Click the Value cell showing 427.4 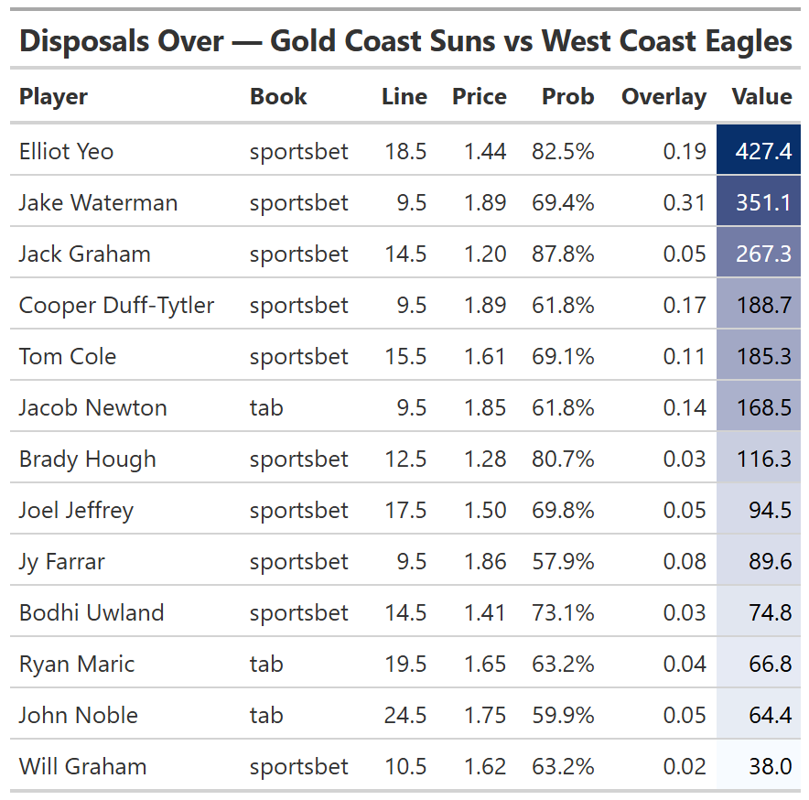tap(763, 152)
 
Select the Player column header tap(53, 97)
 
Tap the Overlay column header tap(663, 97)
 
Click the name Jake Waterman tap(98, 203)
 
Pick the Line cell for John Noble tap(405, 716)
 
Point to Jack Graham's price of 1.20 tap(484, 254)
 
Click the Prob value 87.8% tap(563, 254)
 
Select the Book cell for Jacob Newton tap(266, 408)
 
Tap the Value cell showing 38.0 tap(770, 767)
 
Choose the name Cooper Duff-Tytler tap(116, 306)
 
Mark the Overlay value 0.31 tap(685, 203)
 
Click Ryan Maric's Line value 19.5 tap(405, 665)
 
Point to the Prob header tap(567, 97)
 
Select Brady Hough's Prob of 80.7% tap(563, 459)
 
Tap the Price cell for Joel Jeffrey tap(484, 511)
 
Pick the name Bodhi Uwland tap(92, 613)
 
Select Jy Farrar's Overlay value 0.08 tap(685, 562)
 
